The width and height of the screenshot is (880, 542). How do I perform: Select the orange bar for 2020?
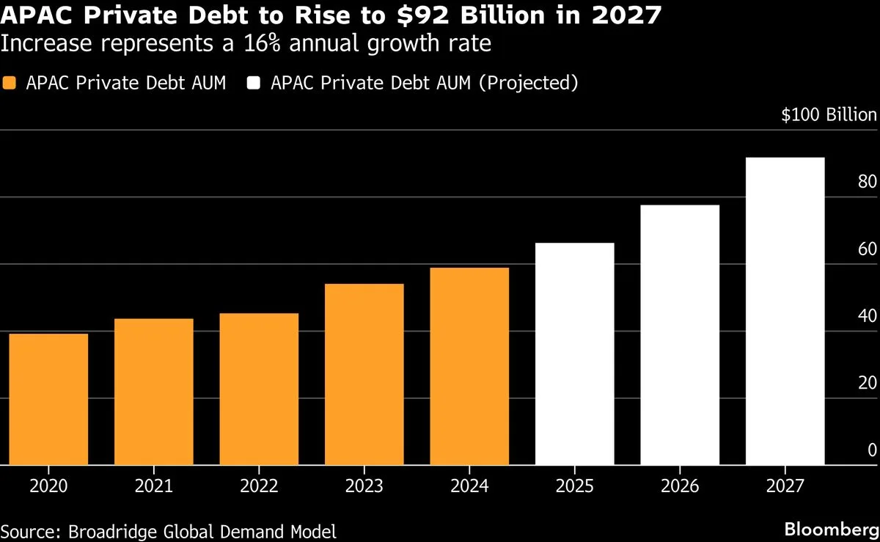click(x=48, y=399)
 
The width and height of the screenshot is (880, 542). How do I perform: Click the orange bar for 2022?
click(x=259, y=389)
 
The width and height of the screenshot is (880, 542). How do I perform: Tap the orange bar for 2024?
click(x=469, y=366)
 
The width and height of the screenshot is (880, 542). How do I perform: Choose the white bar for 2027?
click(x=785, y=311)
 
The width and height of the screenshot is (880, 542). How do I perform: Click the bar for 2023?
click(x=364, y=374)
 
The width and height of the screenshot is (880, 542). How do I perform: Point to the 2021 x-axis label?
click(x=154, y=486)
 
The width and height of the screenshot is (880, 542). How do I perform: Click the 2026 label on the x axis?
click(x=680, y=486)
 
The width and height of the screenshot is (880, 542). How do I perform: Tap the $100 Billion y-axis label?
click(x=829, y=115)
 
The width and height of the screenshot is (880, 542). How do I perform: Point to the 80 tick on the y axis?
click(x=867, y=181)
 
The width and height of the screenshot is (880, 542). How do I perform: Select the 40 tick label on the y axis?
click(x=867, y=315)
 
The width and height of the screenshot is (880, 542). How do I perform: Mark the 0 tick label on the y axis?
click(x=872, y=450)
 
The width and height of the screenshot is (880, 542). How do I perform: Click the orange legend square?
click(x=10, y=83)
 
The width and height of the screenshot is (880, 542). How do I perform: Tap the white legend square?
click(x=254, y=83)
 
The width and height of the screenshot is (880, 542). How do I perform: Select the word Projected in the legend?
click(x=528, y=83)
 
